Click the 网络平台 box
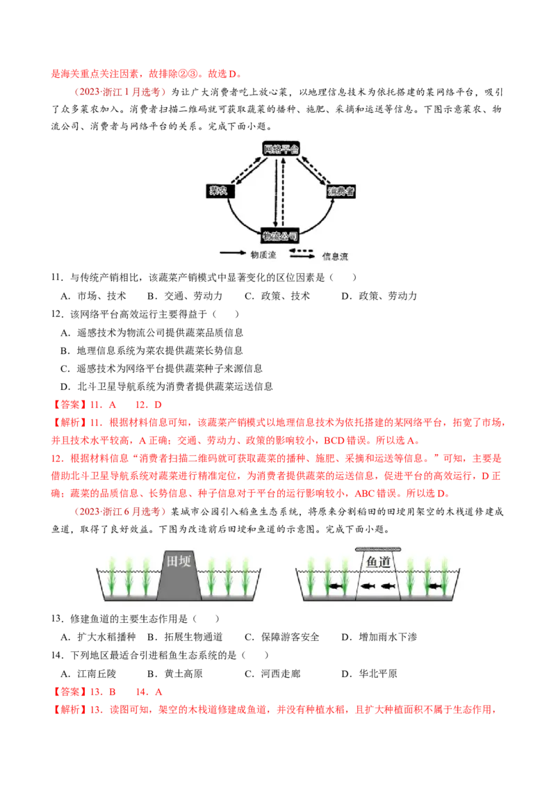coord(281,149)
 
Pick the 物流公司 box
coord(281,235)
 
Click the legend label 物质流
coord(263,255)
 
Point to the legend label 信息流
coord(335,257)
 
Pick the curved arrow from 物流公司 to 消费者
coord(323,219)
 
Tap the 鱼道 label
coord(379,562)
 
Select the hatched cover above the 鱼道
coord(378,549)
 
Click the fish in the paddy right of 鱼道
coord(433,587)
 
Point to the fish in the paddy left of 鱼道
coord(337,587)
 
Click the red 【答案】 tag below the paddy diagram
coord(68,692)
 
